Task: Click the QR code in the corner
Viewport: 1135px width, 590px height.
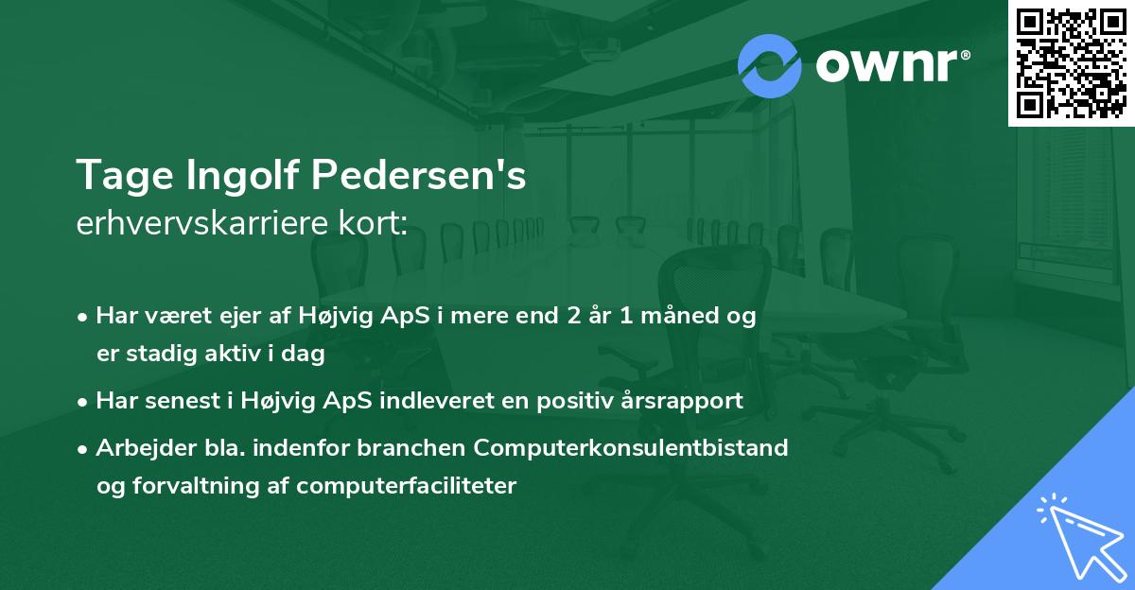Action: coord(1071,62)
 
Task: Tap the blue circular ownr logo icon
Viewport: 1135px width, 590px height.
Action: coord(770,66)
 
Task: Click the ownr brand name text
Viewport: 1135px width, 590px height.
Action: coord(891,66)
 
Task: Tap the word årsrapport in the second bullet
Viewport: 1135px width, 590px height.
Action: coord(679,401)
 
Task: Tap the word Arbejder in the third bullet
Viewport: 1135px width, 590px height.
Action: coord(139,447)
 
